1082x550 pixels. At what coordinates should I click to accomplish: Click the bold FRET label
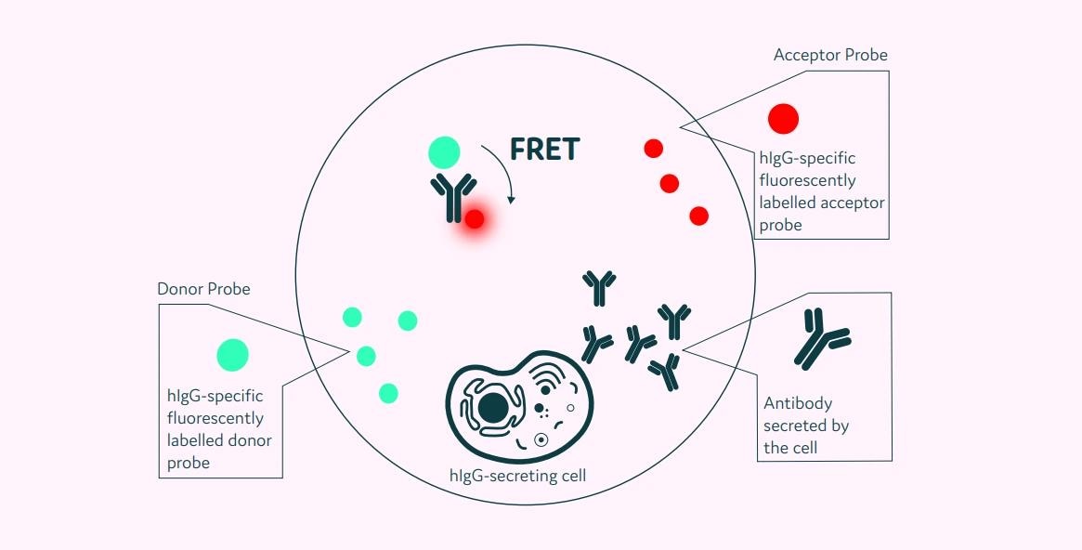tap(544, 149)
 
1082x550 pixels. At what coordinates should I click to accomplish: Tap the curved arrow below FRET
tap(502, 171)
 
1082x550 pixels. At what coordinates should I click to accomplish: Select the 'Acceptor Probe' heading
tap(830, 56)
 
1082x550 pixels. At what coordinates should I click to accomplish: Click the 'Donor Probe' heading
tap(203, 289)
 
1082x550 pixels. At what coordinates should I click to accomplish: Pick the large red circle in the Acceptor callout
tap(783, 119)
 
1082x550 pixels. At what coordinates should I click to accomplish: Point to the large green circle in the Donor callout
tap(232, 354)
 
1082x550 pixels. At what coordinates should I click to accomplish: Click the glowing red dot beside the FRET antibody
tap(475, 219)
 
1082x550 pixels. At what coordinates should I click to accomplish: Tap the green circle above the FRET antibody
tap(444, 152)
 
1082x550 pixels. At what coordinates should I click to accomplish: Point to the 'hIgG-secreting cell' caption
tap(517, 476)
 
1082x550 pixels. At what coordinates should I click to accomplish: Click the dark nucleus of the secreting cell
tap(492, 407)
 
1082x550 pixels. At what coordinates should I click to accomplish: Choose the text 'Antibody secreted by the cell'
tap(806, 426)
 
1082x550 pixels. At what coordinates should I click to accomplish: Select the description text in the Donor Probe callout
tap(219, 429)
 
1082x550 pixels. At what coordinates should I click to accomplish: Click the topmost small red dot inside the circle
tap(654, 148)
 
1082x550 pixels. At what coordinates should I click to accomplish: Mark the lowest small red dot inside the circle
tap(699, 216)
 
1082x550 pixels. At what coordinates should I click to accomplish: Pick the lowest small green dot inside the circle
tap(388, 393)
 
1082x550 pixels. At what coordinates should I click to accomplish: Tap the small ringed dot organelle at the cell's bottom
tap(540, 439)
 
